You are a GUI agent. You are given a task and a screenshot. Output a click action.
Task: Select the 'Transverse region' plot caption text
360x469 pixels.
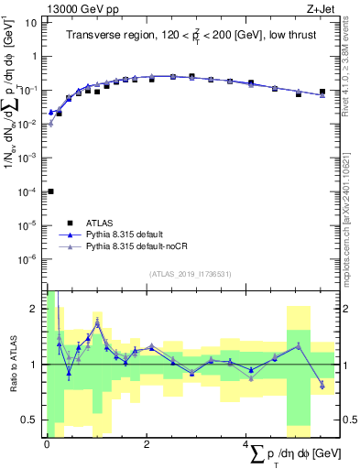pos(190,35)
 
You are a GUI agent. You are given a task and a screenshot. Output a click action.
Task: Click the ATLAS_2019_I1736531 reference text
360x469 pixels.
pos(191,274)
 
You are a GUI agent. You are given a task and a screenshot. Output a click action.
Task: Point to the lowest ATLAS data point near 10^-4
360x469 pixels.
pos(50,191)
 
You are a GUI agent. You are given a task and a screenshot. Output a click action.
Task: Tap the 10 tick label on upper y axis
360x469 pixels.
pos(30,22)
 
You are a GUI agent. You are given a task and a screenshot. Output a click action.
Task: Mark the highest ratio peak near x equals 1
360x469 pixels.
pos(97,322)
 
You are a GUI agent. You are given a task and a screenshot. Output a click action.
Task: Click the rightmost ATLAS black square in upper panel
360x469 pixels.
pos(322,92)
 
